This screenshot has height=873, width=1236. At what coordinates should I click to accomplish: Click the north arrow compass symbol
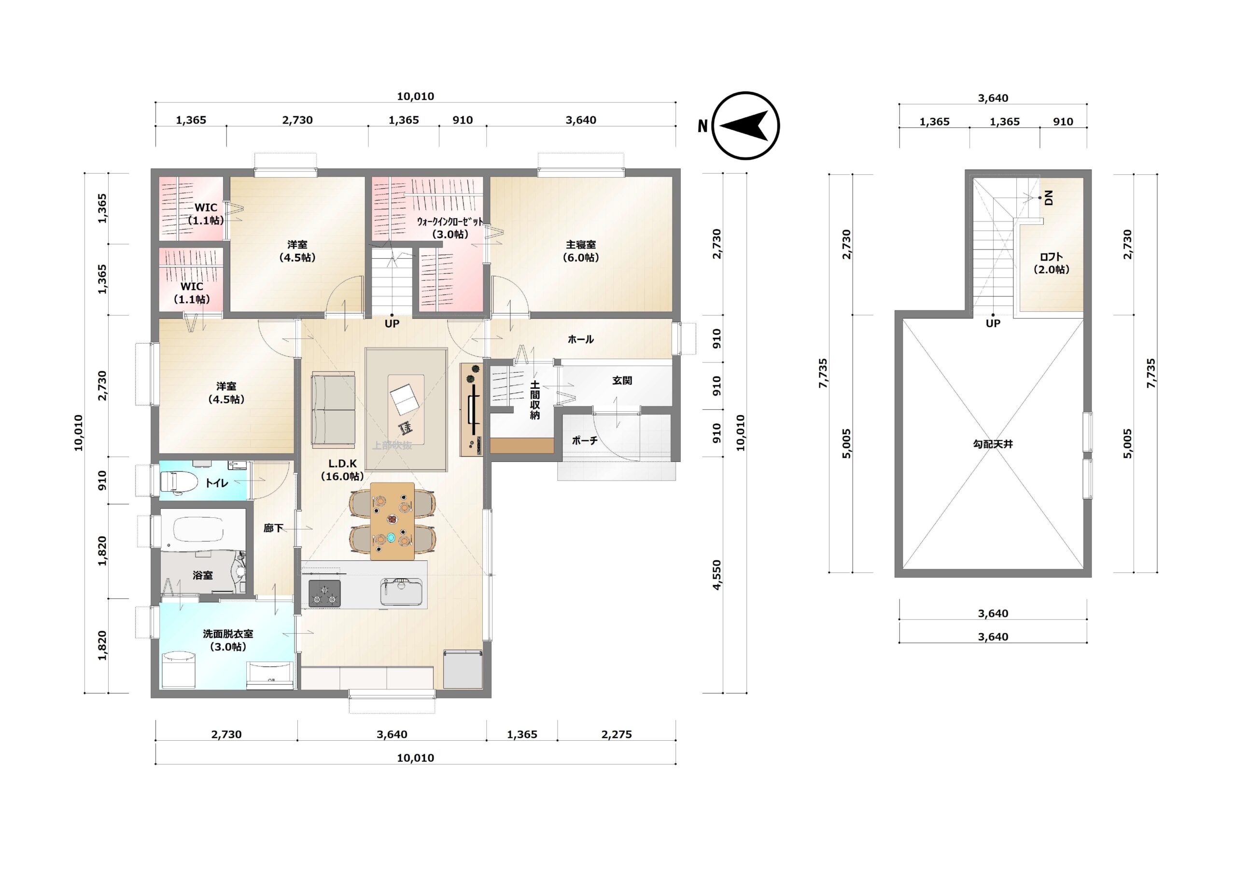point(745,126)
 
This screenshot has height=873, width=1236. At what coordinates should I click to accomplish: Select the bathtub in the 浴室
point(192,531)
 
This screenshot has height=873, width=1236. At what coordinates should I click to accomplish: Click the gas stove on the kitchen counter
point(324,593)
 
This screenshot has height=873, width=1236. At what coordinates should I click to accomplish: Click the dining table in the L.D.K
point(393,521)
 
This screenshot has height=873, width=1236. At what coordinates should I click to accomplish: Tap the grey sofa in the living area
point(333,410)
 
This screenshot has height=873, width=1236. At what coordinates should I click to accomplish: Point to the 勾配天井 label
point(993,444)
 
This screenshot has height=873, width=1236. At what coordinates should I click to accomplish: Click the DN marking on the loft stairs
point(1048,198)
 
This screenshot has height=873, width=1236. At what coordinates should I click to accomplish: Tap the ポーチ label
point(585,440)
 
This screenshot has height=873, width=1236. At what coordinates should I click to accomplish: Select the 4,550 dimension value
point(716,575)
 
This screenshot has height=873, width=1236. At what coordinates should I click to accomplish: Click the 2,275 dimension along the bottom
point(617,734)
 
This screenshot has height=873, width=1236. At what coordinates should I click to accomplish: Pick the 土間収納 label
point(534,400)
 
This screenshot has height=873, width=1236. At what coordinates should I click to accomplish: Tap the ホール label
point(580,339)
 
